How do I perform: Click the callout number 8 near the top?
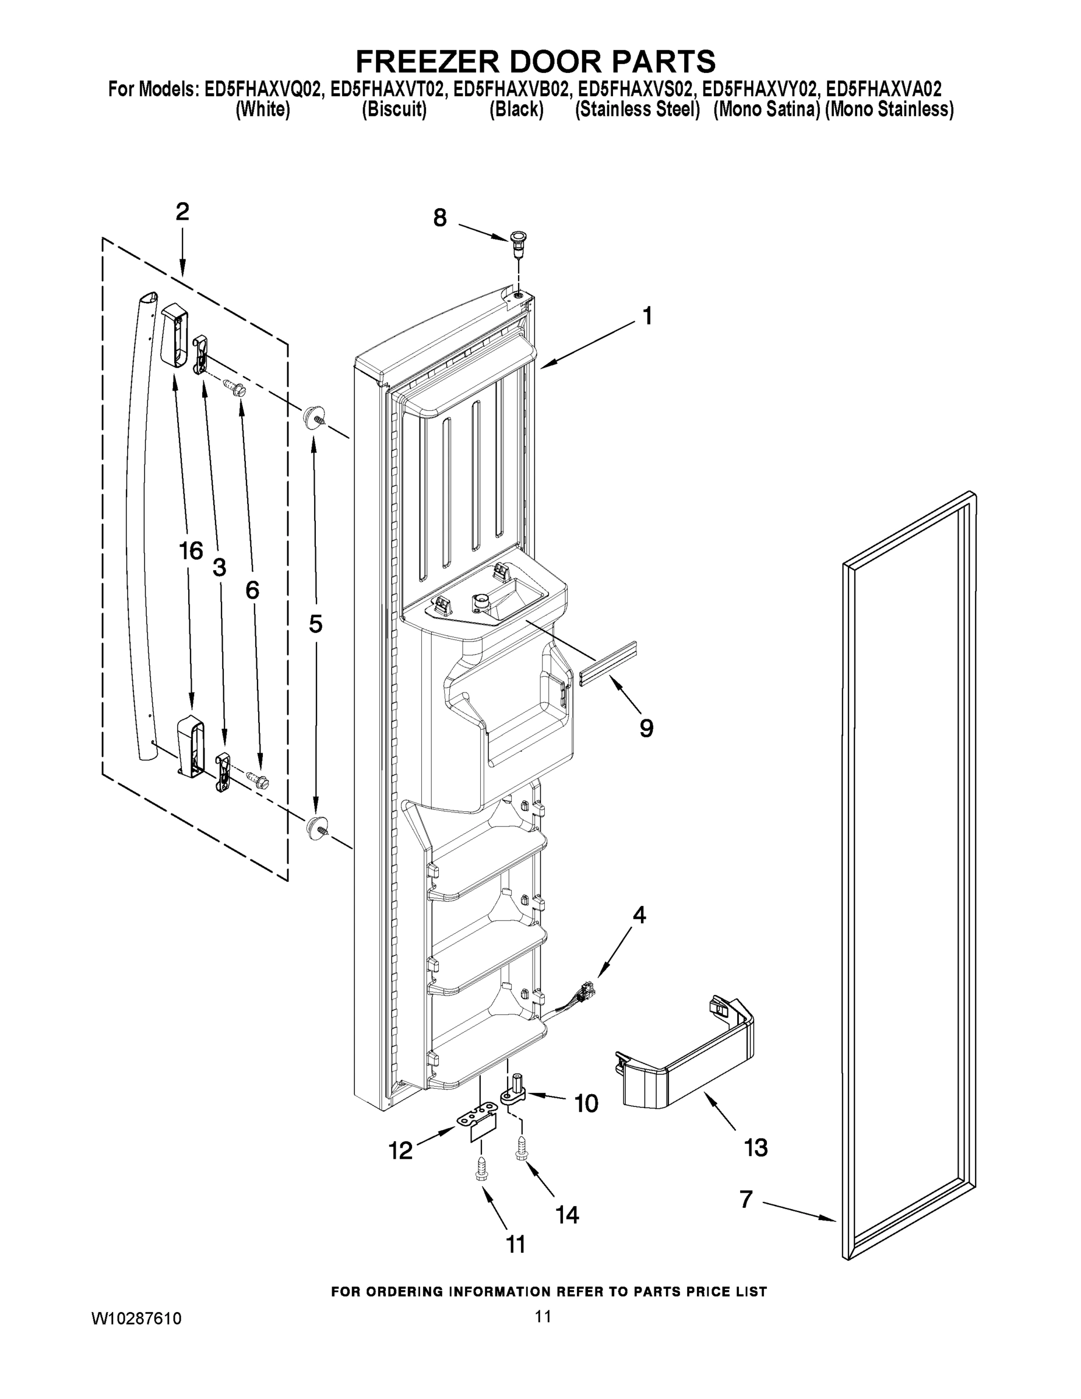pos(439,218)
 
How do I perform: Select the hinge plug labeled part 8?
pos(517,241)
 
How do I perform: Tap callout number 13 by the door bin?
pos(756,1147)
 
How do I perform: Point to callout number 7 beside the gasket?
pos(745,1199)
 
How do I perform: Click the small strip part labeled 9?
pos(608,663)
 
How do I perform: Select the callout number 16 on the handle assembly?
pos(191,550)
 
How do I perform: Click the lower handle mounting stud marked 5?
pos(316,827)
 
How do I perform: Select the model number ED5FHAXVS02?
pos(637,89)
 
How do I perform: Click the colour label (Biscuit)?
pos(394,110)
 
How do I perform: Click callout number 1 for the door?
pos(647,317)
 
